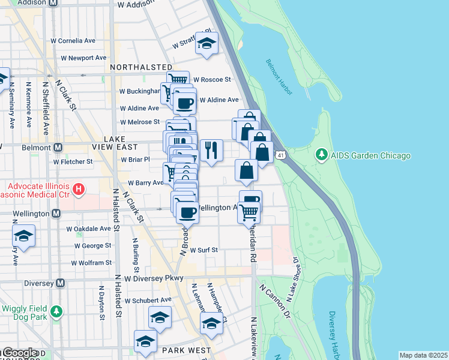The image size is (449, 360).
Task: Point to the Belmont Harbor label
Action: [279, 77]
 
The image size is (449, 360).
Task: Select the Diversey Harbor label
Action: [335, 333]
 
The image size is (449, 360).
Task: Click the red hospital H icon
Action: [77, 191]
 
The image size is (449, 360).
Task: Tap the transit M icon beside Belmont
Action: [58, 147]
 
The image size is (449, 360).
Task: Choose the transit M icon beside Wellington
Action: [56, 213]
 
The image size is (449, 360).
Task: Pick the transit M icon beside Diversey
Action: [59, 283]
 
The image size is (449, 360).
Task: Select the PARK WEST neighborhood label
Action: [186, 350]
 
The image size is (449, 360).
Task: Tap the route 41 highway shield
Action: [280, 156]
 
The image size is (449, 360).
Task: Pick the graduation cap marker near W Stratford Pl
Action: [206, 43]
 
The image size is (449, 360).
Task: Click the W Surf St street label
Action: [203, 250]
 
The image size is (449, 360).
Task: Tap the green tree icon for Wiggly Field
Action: [56, 311]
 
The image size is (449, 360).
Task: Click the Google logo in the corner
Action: [20, 353]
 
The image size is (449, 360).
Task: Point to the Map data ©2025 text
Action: [423, 355]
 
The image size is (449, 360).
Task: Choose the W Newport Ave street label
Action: [83, 58]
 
